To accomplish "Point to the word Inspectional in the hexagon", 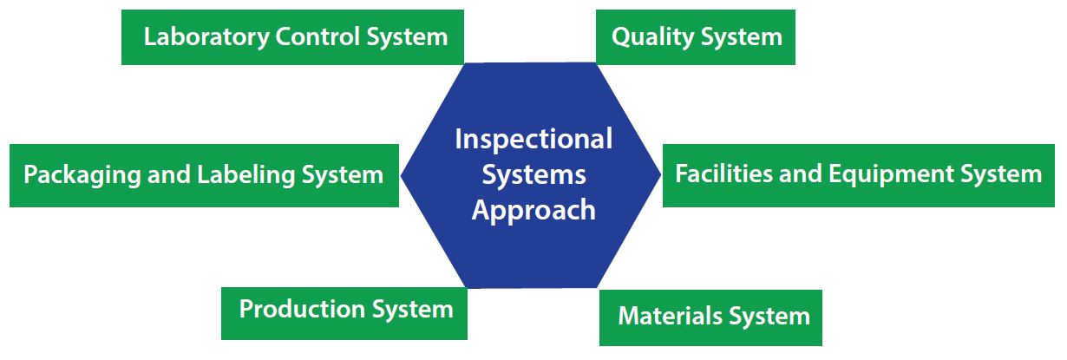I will tap(533, 139).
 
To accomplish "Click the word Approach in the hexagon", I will tap(533, 211).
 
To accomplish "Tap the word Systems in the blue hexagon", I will tap(533, 174).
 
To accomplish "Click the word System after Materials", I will tap(769, 317).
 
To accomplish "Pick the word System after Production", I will tap(412, 310).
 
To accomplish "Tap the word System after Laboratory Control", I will tap(406, 37).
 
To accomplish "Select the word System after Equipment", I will tap(1000, 174).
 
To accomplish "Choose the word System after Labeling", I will tap(342, 175).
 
